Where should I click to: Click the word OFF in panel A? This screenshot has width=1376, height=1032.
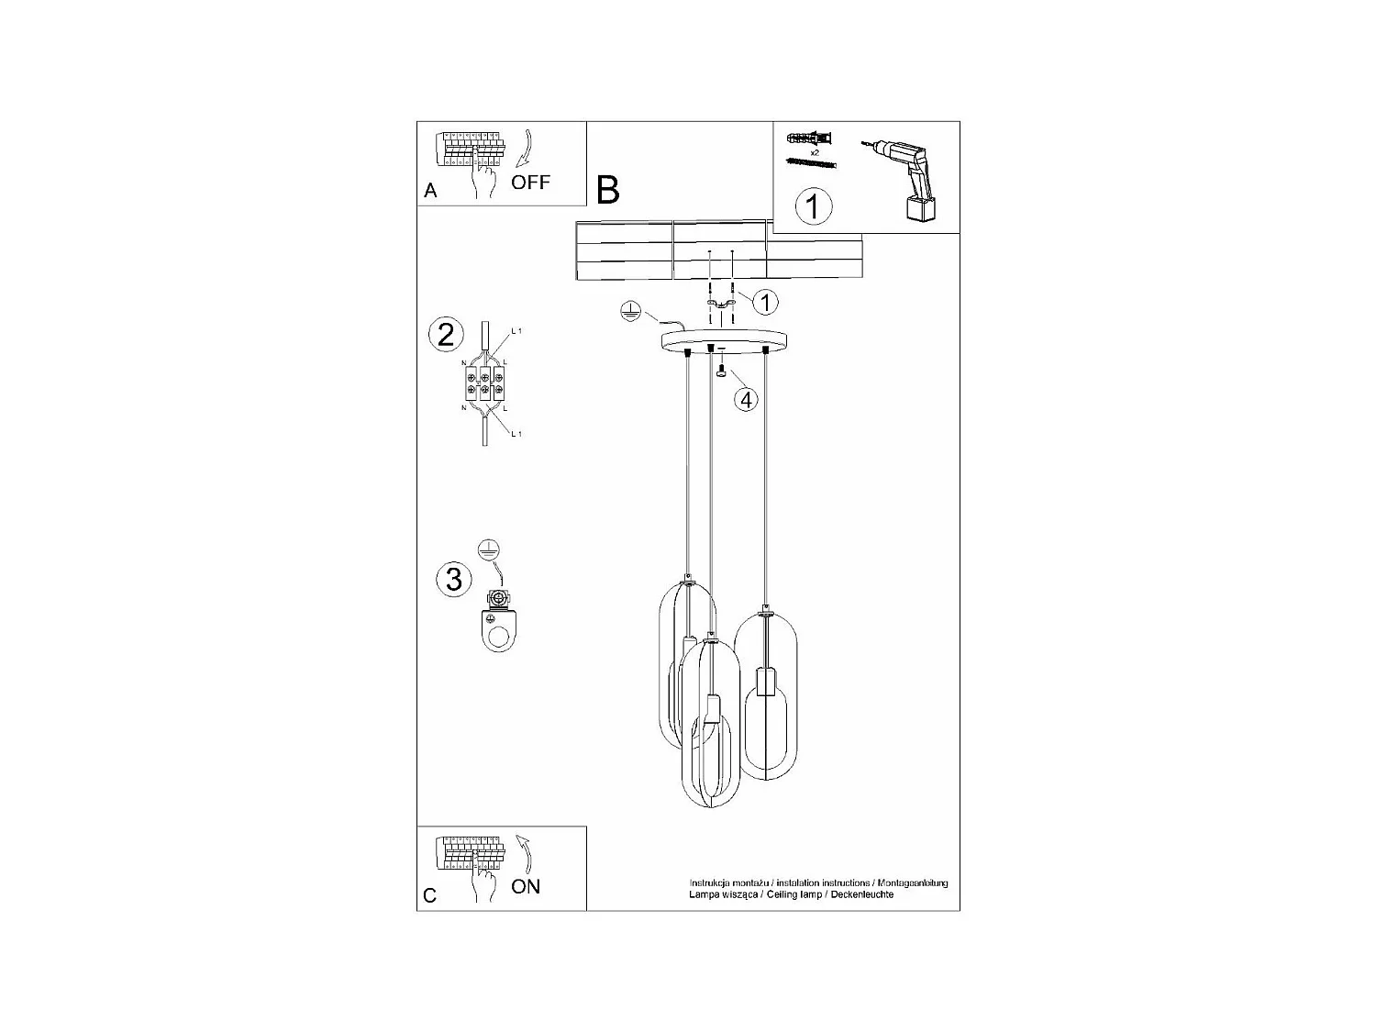coord(530,182)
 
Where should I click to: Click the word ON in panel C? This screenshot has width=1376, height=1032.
coord(526,886)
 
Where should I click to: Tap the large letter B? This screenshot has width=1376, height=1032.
coord(607,190)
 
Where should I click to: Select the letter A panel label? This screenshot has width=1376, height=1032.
coord(430,191)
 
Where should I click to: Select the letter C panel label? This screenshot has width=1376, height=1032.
coord(430,895)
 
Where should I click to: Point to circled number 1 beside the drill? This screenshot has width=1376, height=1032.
coord(812,205)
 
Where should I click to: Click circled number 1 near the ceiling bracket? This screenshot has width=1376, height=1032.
coord(765,301)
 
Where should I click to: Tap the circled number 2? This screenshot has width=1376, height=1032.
coord(446,334)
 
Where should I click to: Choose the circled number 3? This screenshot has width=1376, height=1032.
coord(453,579)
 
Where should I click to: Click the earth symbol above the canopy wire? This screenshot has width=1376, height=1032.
coord(630,310)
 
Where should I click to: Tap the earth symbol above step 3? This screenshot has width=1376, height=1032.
coord(489,549)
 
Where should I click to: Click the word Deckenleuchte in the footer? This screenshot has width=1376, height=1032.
coord(862,893)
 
